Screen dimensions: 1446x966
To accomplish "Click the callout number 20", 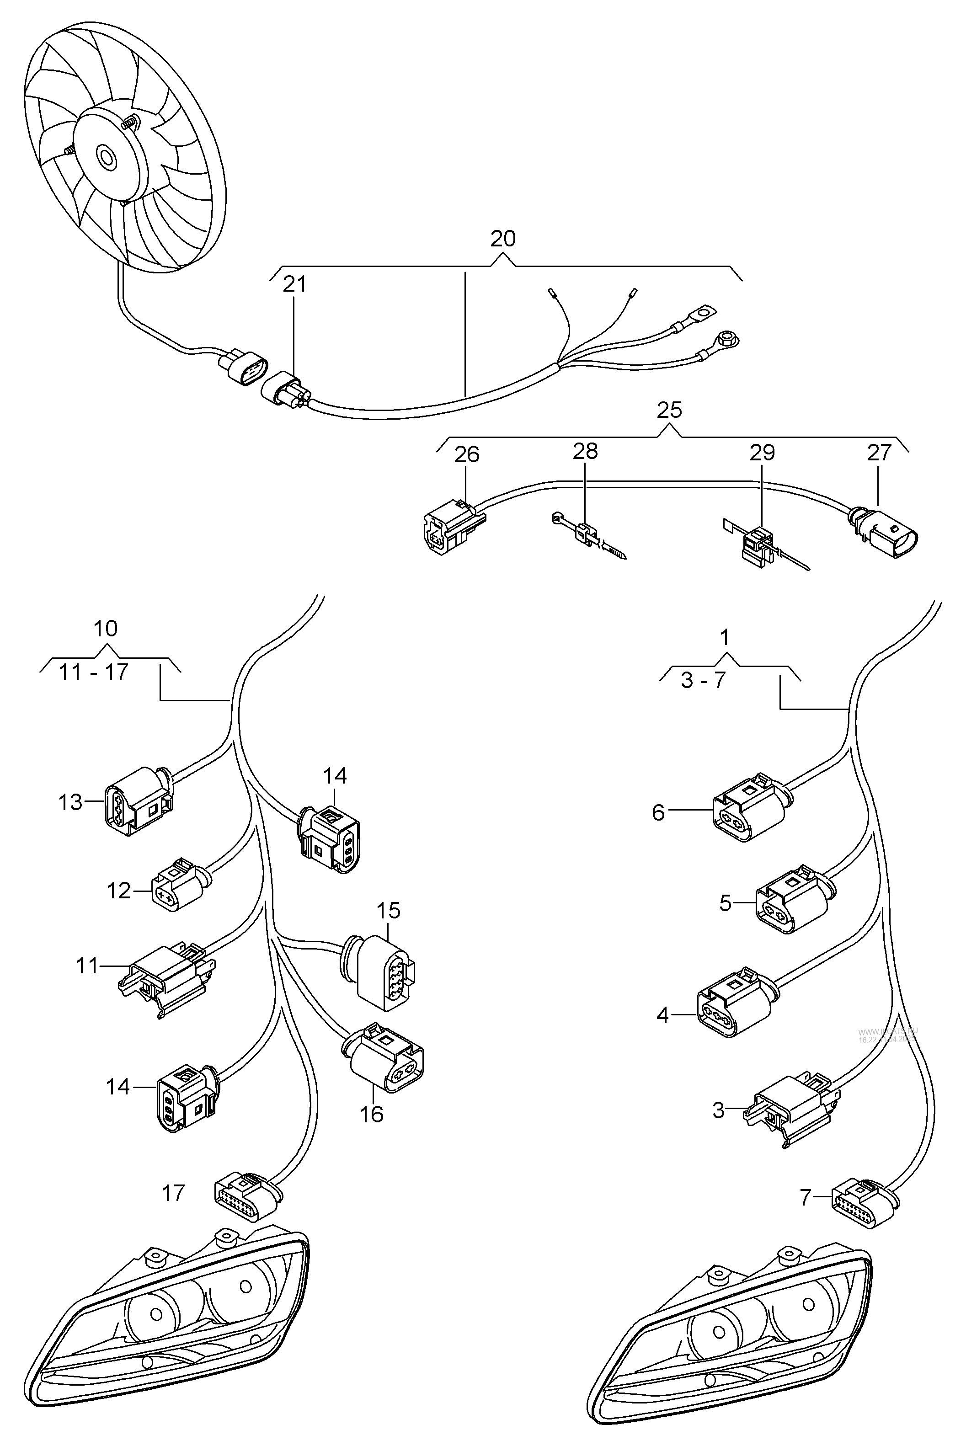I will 503,239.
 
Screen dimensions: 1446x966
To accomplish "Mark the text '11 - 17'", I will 94,672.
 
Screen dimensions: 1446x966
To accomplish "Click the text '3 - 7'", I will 704,680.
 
